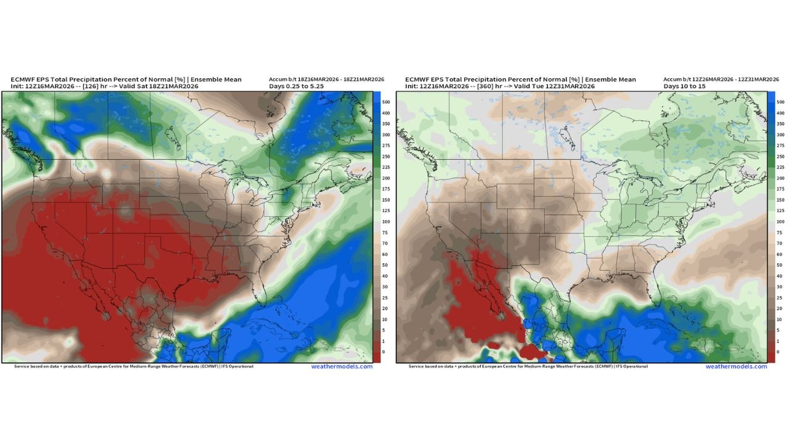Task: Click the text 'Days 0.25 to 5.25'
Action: [296, 86]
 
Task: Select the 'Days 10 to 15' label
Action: [684, 86]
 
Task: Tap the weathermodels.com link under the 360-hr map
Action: [736, 366]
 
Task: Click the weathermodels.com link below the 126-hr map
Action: [341, 366]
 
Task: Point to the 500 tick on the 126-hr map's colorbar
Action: [385, 102]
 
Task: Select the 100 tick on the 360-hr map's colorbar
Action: [780, 221]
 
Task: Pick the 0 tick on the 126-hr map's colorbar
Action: [383, 352]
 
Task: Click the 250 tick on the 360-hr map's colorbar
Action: [780, 157]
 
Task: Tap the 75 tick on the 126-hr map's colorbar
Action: [385, 232]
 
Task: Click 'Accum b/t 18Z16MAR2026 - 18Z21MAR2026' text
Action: [326, 80]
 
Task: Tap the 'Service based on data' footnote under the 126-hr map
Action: [133, 366]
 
